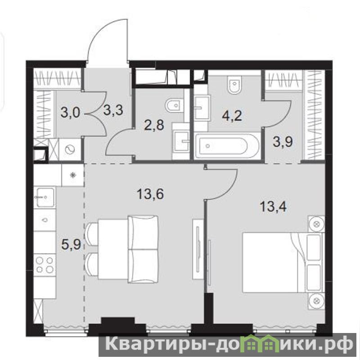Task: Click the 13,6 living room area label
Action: click(x=150, y=194)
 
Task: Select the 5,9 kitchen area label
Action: click(x=71, y=245)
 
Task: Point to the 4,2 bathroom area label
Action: click(x=233, y=116)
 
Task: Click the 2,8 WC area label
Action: click(x=155, y=125)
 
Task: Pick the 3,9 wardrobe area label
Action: click(x=283, y=142)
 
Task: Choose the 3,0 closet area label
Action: click(x=71, y=113)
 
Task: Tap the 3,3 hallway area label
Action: click(x=113, y=110)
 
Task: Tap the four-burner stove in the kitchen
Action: click(x=45, y=265)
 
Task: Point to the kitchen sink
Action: click(x=45, y=197)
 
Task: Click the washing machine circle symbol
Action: click(x=70, y=150)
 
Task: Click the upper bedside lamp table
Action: click(x=316, y=224)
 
